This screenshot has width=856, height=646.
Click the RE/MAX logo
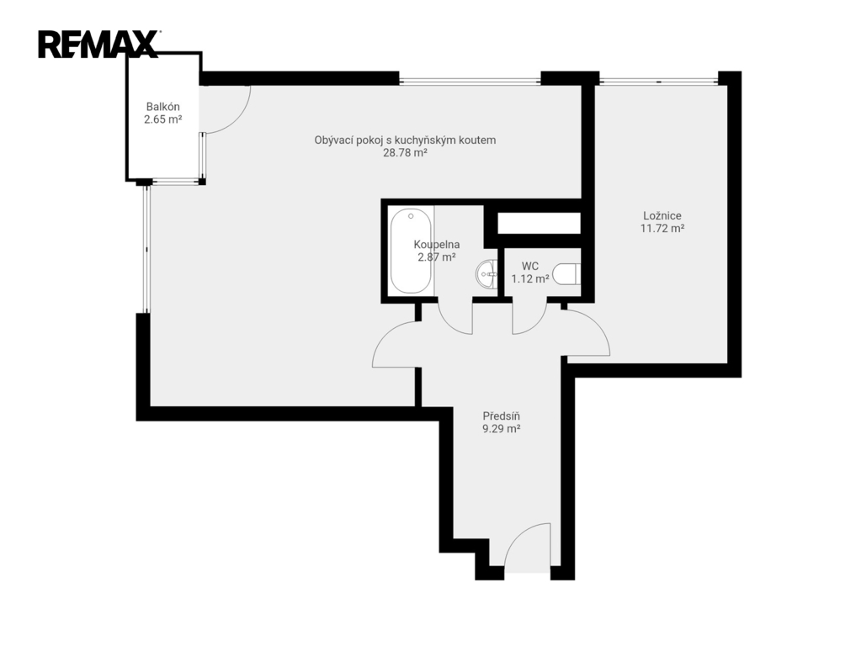[98, 45]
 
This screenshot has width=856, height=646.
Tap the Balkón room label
[162, 107]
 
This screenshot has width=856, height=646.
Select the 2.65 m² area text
[162, 119]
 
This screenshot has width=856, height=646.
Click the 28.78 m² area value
[405, 153]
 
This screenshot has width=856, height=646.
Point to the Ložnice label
[662, 215]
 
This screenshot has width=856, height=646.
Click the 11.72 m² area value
[662, 229]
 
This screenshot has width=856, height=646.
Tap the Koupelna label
[437, 245]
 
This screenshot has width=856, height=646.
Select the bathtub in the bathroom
[411, 251]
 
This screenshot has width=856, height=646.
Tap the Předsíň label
[501, 416]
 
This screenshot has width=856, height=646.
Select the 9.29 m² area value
[501, 429]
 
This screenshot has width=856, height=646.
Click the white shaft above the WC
[539, 223]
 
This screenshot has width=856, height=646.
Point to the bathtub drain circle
[411, 216]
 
